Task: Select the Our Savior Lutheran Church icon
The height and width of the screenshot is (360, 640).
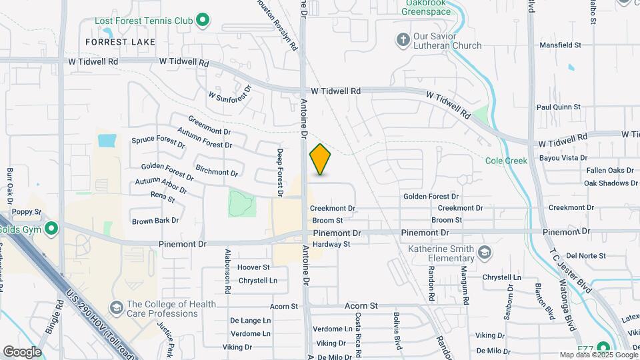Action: pos(403,40)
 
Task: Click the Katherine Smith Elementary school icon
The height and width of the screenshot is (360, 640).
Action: pos(485,253)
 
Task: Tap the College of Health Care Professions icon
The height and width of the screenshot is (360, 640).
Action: pos(117,308)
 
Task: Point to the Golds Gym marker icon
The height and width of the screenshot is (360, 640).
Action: pos(51,230)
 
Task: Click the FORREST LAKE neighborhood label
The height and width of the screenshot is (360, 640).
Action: pos(120,42)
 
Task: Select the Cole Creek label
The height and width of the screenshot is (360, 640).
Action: pos(506,161)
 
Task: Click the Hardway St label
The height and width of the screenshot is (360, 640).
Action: pos(331,245)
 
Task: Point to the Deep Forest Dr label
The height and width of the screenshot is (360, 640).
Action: pos(281,173)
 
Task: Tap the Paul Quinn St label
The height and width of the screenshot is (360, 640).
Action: pos(559,107)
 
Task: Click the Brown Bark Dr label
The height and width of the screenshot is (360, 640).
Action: pos(155,221)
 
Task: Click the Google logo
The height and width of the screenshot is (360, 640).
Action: pos(22,351)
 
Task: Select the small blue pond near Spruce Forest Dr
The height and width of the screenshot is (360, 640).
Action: pos(106,141)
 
